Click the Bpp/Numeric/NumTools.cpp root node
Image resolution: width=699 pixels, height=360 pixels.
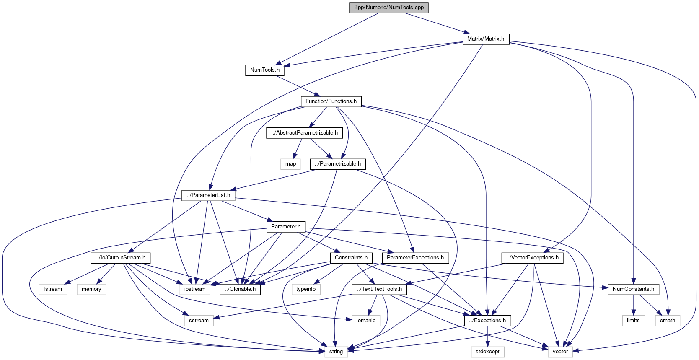(x=388, y=8)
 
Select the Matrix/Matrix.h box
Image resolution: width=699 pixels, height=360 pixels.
(x=486, y=39)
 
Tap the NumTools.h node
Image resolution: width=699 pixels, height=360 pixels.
(x=264, y=70)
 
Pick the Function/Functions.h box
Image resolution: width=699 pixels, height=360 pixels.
(x=331, y=101)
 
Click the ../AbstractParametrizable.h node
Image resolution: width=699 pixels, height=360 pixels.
(x=304, y=133)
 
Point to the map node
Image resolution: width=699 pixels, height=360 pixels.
(x=290, y=164)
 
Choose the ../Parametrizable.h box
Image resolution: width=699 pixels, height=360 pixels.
(x=338, y=164)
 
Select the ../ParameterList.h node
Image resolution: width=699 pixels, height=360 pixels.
(x=208, y=195)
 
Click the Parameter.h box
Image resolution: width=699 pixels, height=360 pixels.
(x=286, y=227)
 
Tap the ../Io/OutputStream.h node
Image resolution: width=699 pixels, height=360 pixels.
(x=120, y=258)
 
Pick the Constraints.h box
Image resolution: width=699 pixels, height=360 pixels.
(x=351, y=258)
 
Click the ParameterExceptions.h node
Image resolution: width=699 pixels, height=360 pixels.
(x=415, y=258)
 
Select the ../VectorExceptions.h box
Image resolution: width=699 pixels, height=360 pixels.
(x=532, y=258)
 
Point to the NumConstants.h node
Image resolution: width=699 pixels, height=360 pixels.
(x=633, y=289)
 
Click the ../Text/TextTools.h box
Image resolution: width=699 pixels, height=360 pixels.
(x=379, y=289)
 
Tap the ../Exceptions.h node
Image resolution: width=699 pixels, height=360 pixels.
(x=487, y=321)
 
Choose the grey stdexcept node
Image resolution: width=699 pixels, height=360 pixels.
(x=487, y=352)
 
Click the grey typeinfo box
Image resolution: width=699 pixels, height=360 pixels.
(x=306, y=289)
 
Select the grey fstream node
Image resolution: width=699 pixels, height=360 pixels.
(x=53, y=289)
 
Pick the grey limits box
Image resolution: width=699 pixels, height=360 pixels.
(x=633, y=321)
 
